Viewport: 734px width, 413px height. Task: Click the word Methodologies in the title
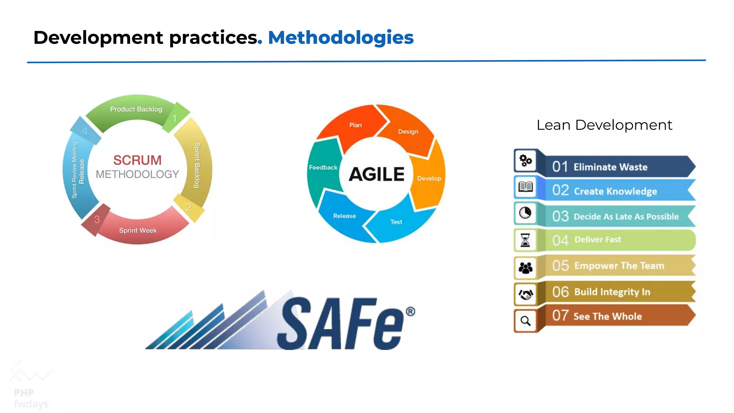(340, 38)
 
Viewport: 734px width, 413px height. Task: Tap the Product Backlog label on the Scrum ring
(136, 109)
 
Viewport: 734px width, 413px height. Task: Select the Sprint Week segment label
(138, 231)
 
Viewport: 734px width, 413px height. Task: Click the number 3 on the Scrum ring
(97, 219)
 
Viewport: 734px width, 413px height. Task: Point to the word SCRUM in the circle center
(137, 160)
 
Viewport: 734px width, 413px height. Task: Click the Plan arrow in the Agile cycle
(355, 125)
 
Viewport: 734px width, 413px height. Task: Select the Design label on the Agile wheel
(408, 132)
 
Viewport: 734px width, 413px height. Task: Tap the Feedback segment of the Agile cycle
(323, 167)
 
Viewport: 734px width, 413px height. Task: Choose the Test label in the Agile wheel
(396, 222)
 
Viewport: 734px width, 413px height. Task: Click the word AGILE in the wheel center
(376, 175)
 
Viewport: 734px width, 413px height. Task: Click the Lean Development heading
(604, 125)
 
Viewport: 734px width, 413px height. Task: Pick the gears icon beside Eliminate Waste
(525, 161)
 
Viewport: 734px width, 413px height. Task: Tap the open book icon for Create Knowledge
(525, 187)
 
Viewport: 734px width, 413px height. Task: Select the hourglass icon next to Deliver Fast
(525, 240)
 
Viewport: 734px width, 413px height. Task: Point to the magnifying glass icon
(525, 321)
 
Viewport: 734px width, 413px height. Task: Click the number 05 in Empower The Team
(560, 266)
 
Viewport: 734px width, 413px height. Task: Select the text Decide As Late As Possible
(626, 217)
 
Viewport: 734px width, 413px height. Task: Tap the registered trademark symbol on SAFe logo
(410, 311)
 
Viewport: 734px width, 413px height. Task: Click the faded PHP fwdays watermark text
(30, 398)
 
